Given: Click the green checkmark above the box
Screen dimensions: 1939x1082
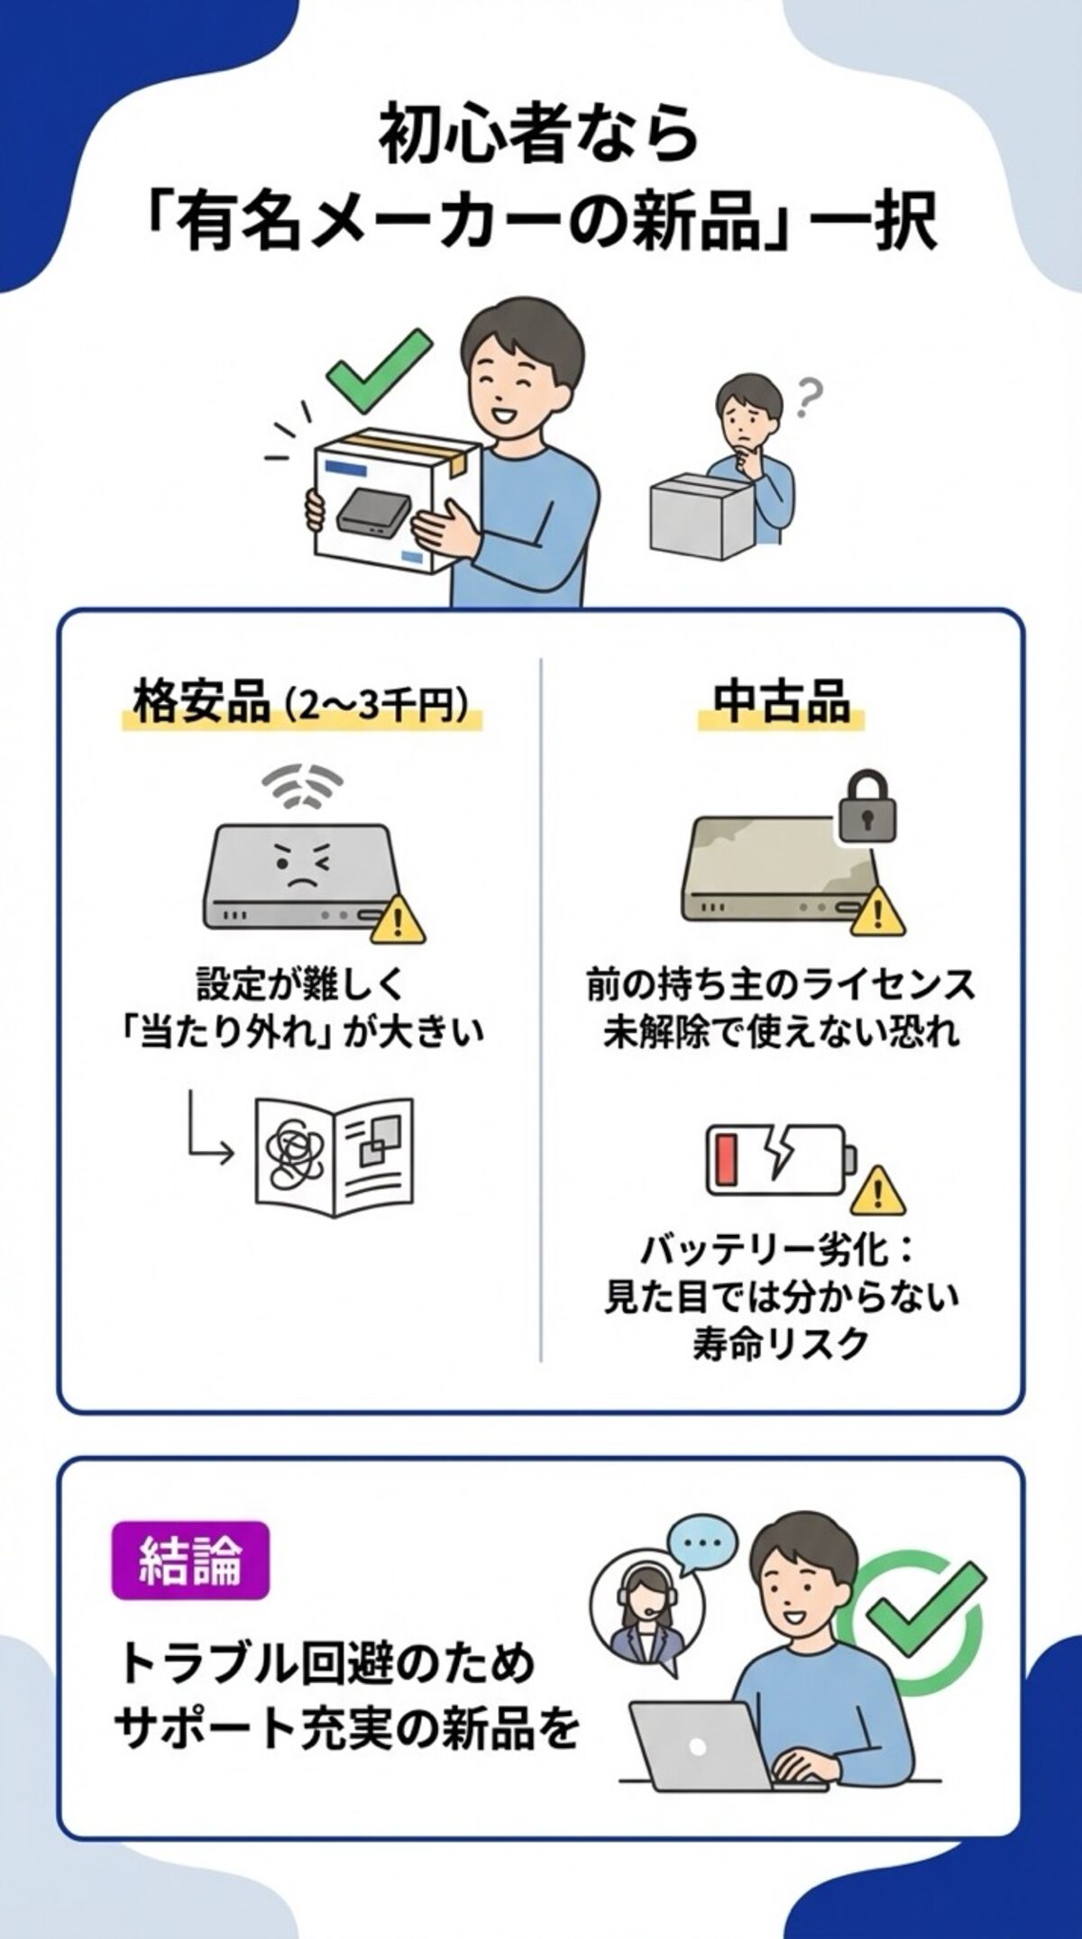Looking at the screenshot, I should (377, 371).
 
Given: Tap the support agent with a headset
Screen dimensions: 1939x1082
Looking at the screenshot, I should (640, 1623).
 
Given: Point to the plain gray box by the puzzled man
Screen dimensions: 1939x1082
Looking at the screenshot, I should (700, 514).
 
